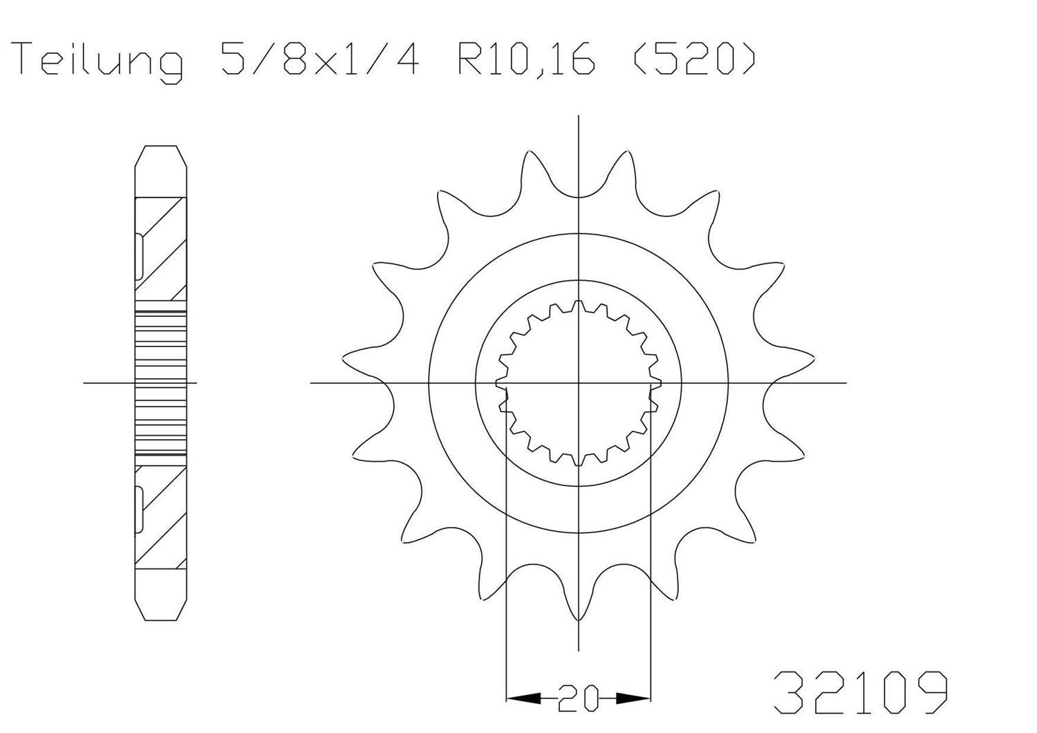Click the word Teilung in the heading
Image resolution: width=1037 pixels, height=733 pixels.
click(99, 61)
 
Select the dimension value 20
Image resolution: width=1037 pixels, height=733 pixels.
click(579, 698)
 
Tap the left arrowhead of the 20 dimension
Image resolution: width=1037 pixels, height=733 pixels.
click(523, 698)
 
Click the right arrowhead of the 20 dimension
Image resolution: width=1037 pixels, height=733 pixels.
click(634, 698)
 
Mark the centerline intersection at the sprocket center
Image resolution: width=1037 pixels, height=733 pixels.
click(579, 382)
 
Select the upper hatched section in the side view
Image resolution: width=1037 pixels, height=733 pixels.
click(161, 249)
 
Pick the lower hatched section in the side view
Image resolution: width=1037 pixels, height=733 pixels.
click(161, 515)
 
